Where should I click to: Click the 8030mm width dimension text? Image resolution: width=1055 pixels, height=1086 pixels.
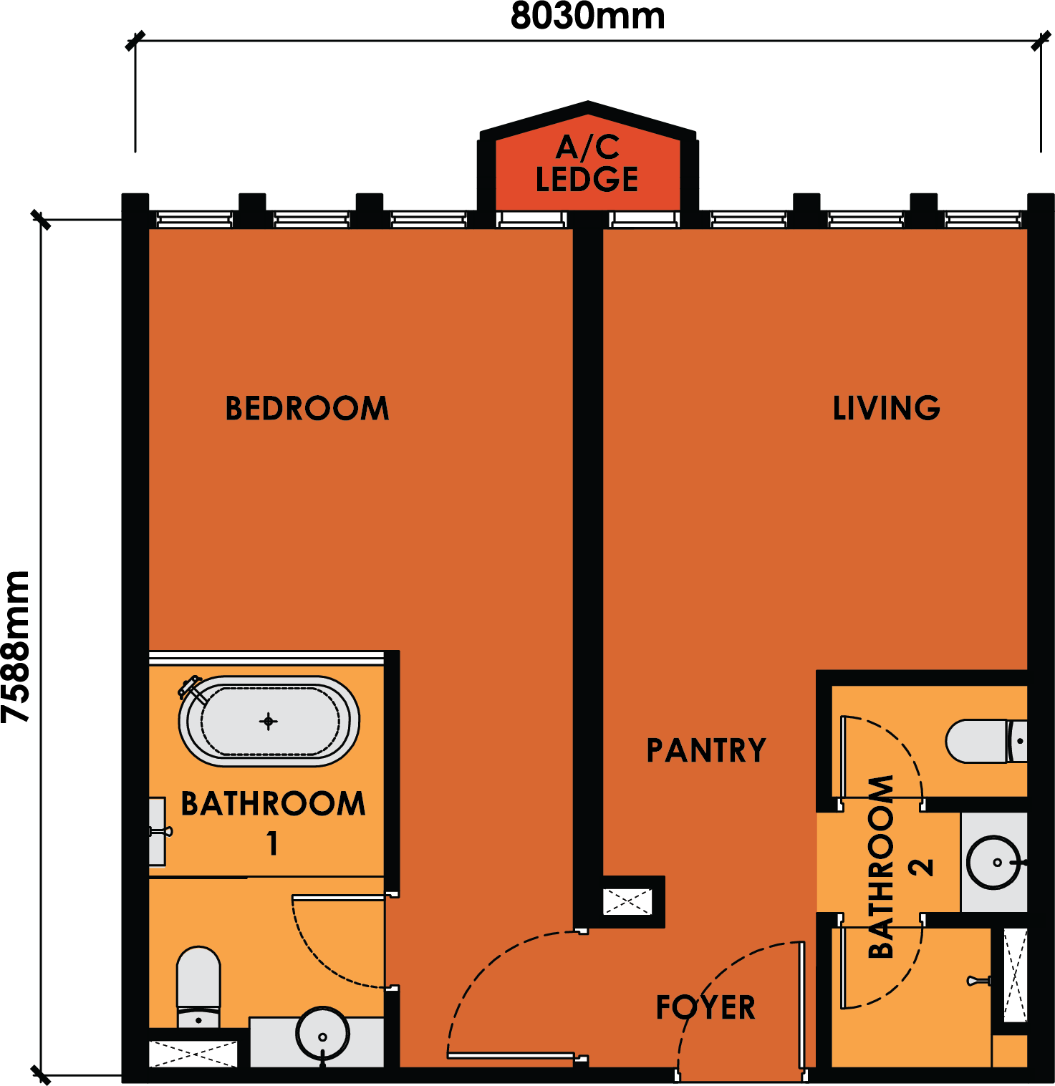(x=587, y=16)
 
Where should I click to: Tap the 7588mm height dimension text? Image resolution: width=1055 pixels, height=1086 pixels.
(x=16, y=646)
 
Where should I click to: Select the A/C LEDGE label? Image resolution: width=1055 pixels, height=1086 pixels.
(x=587, y=164)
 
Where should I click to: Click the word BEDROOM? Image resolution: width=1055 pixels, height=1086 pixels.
(x=307, y=408)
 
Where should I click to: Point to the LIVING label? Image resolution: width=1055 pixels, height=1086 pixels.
(x=886, y=408)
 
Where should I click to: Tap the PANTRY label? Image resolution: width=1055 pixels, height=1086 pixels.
(x=706, y=750)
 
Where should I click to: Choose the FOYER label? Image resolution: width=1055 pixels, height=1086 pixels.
(x=705, y=1007)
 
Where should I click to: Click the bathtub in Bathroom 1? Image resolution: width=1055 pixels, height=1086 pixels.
(x=269, y=721)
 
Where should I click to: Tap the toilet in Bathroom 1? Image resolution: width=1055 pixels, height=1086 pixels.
(x=198, y=987)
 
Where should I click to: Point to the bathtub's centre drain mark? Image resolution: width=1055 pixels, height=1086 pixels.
(x=269, y=721)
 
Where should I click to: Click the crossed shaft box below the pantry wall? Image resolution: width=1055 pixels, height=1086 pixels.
(x=627, y=902)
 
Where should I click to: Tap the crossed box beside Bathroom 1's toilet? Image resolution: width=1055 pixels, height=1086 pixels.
(x=193, y=1054)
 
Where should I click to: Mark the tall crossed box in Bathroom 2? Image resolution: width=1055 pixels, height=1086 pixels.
(x=1015, y=974)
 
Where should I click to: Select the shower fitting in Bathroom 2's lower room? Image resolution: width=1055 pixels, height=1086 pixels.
(x=978, y=980)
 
